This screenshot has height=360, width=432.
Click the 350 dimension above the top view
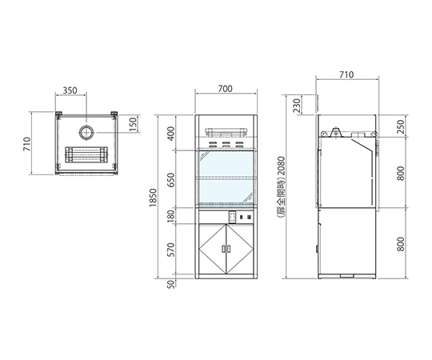click(x=70, y=90)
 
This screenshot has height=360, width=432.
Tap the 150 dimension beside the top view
click(x=133, y=124)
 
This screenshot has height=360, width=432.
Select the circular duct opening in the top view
click(x=86, y=133)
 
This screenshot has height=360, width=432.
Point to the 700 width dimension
click(x=226, y=89)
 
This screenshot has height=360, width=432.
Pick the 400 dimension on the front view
click(x=171, y=134)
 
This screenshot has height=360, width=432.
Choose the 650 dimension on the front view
click(x=171, y=180)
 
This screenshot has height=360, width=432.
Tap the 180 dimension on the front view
click(x=171, y=216)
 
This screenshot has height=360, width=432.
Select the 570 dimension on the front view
click(x=171, y=250)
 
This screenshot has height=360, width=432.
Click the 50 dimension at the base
click(x=171, y=284)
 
